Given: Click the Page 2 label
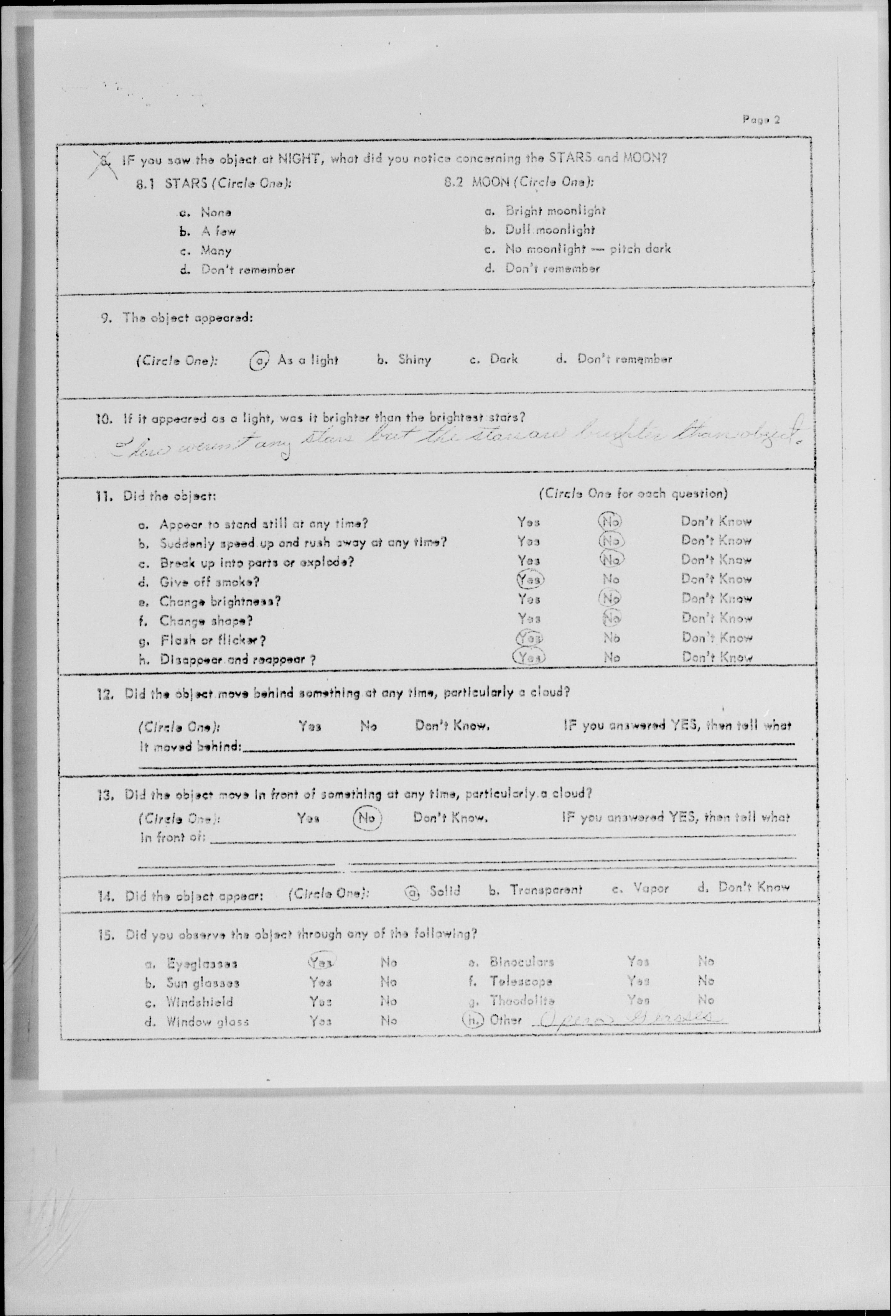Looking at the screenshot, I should (x=761, y=119).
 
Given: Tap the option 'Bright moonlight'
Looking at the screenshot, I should (x=555, y=211).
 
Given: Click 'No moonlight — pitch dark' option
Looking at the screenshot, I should (x=587, y=249).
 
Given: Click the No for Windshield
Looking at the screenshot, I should (x=389, y=1001).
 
